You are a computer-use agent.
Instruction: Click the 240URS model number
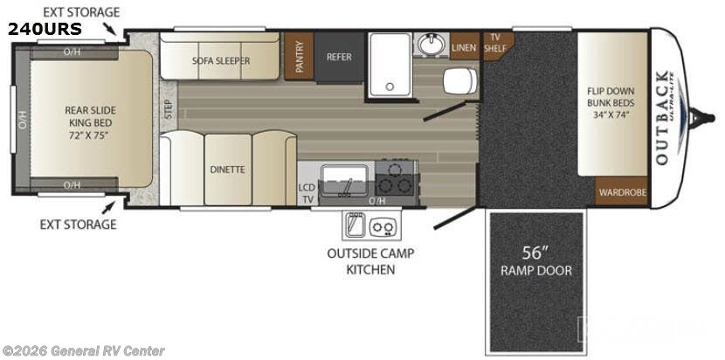pyautogui.click(x=45, y=29)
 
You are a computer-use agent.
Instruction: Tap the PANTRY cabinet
pyautogui.click(x=299, y=57)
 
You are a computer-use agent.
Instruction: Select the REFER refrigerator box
pyautogui.click(x=339, y=58)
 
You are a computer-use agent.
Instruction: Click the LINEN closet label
pyautogui.click(x=464, y=47)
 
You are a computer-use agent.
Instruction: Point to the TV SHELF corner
pyautogui.click(x=495, y=41)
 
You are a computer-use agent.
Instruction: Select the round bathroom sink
pyautogui.click(x=429, y=45)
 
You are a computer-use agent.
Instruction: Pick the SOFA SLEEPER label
pyautogui.click(x=221, y=61)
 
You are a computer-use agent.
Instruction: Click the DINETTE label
pyautogui.click(x=227, y=170)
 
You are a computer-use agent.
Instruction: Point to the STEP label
pyautogui.click(x=168, y=110)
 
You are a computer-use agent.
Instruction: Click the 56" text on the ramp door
pyautogui.click(x=535, y=253)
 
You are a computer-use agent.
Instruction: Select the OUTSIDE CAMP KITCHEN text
pyautogui.click(x=370, y=261)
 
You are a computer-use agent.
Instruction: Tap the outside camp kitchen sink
pyautogui.click(x=356, y=225)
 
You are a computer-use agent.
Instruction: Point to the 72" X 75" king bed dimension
pyautogui.click(x=90, y=136)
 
